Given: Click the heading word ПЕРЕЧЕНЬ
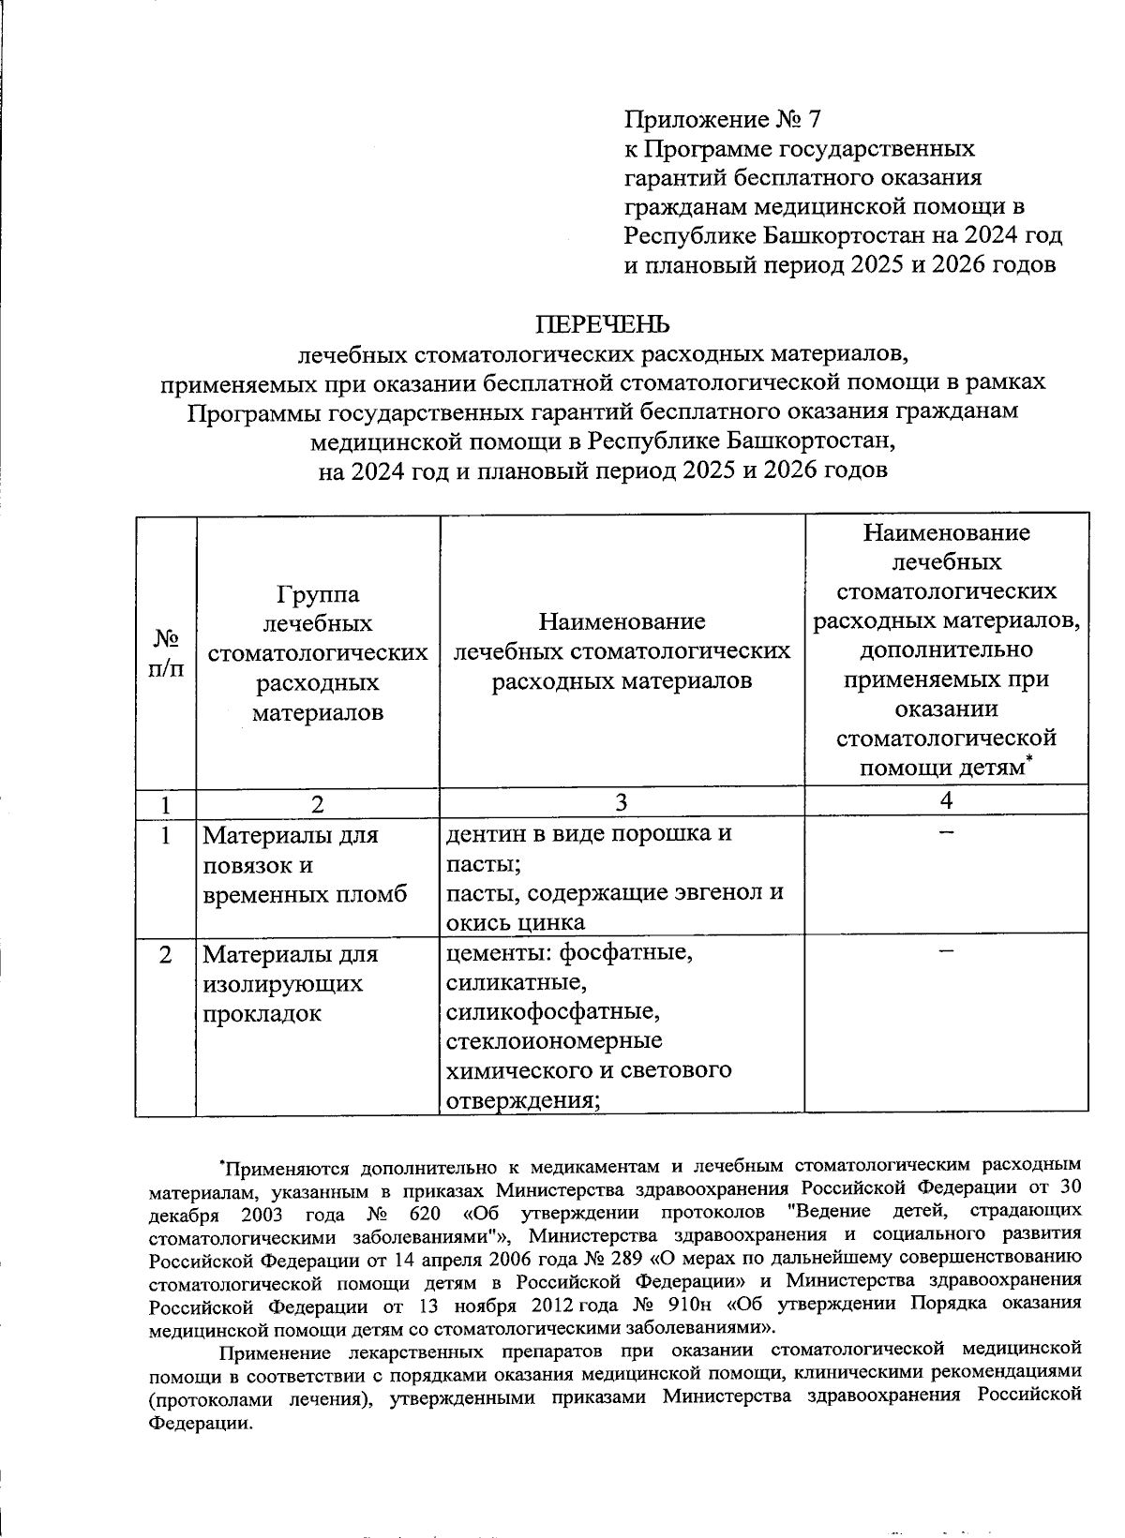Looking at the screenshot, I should point(603,324).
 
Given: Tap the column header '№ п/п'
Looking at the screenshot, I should point(166,652).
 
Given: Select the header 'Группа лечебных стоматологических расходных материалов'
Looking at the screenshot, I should point(318,653).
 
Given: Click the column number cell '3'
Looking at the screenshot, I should point(622,802).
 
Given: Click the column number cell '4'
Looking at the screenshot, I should point(946,799).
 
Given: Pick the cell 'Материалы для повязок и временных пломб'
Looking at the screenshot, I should point(306,864).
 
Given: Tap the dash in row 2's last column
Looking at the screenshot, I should point(946,951).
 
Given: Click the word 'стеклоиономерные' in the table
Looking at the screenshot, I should point(554,1041).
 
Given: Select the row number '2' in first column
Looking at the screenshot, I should point(165,955).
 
